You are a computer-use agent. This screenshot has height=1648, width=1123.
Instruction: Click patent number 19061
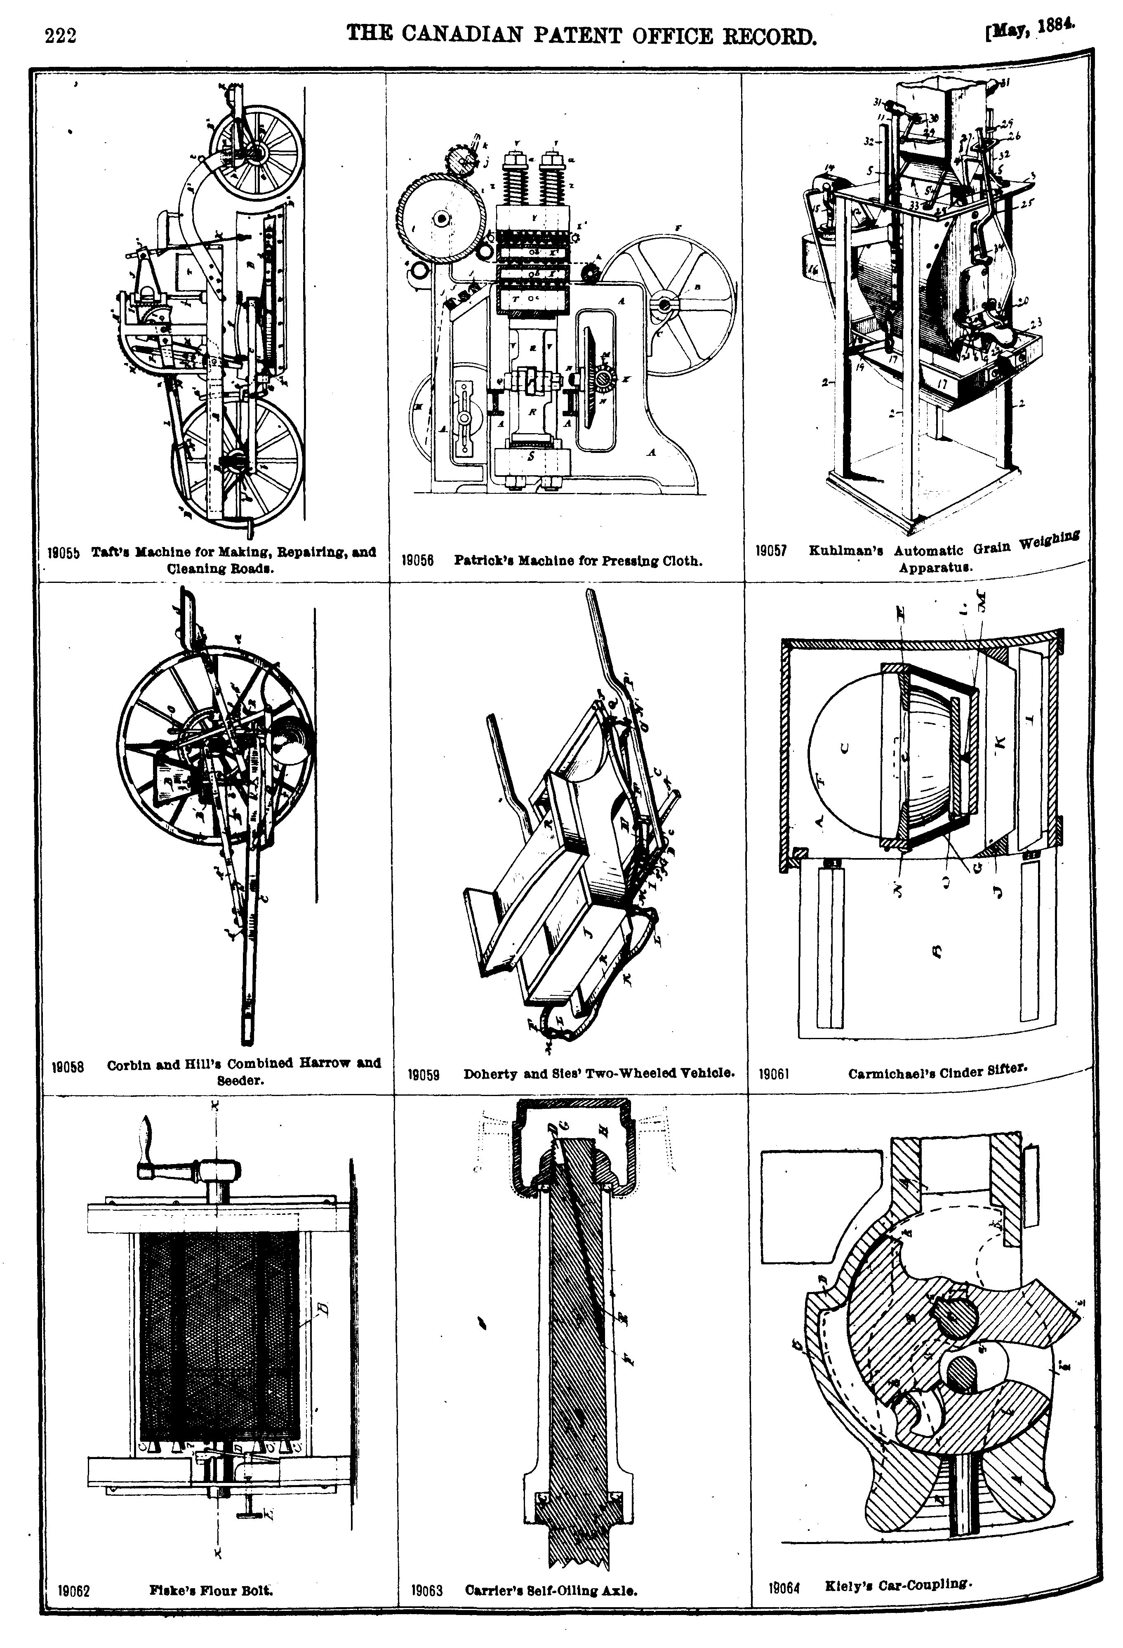[x=774, y=1074]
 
